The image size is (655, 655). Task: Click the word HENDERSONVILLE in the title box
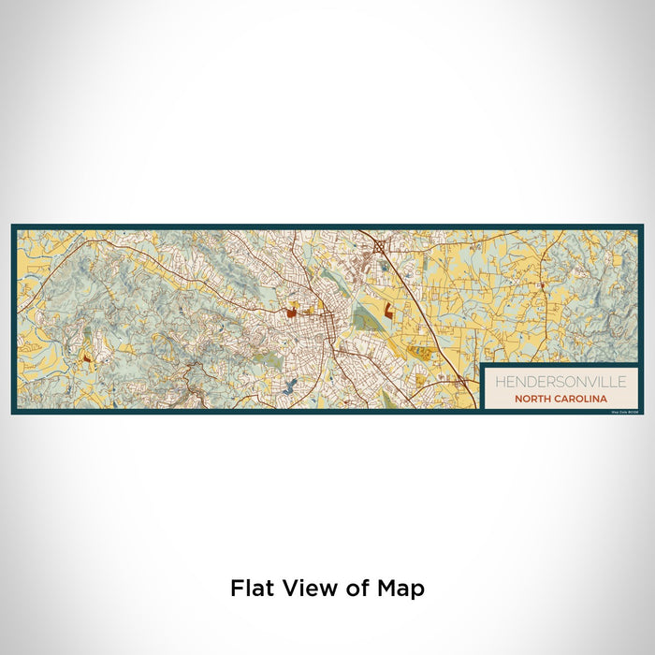556,382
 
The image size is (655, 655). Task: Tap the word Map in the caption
401,589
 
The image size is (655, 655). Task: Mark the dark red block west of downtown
290,313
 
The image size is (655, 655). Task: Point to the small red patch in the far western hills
86,357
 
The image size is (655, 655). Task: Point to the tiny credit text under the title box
622,411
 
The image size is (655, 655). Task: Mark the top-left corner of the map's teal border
13,226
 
